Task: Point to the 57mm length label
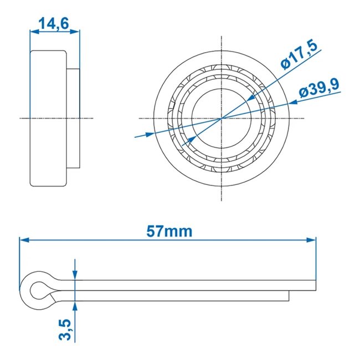(x=169, y=231)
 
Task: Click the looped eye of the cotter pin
(x=39, y=289)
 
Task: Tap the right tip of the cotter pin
(x=316, y=285)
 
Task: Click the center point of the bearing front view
(x=222, y=118)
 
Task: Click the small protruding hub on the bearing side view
(x=73, y=118)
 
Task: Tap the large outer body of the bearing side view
(x=49, y=118)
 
